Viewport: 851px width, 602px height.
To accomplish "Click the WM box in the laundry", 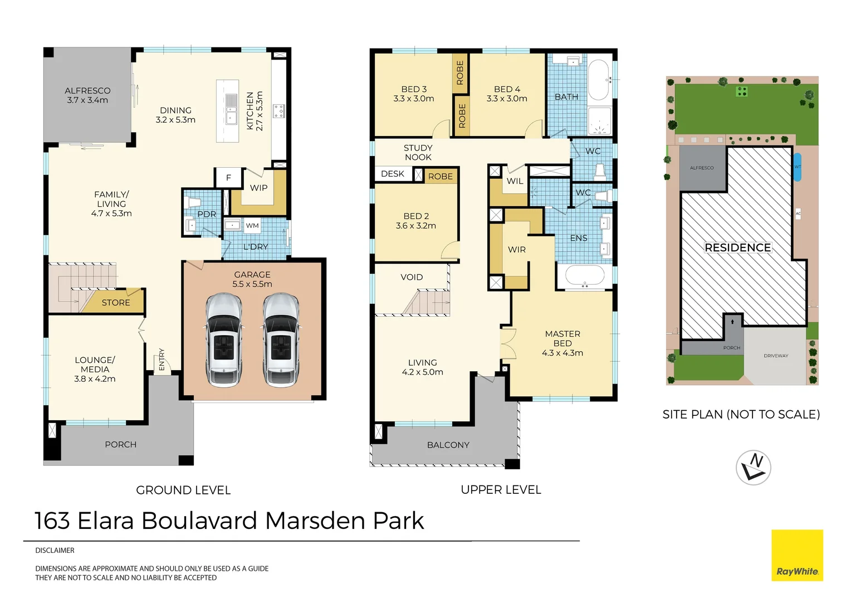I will (252, 226).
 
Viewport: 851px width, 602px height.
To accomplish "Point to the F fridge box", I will (228, 178).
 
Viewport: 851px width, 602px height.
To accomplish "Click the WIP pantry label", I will (258, 188).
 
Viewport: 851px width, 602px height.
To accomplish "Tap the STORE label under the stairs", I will (116, 303).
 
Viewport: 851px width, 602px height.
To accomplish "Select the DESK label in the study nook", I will (393, 174).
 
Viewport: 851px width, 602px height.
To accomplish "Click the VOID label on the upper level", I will (412, 277).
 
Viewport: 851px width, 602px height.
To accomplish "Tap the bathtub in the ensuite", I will (585, 276).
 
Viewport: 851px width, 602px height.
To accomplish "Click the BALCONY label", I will (448, 445).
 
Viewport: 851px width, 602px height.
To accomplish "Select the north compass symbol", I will (754, 467).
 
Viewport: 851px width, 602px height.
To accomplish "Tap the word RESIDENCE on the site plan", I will (738, 247).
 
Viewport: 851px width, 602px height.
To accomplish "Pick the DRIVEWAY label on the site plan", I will (776, 356).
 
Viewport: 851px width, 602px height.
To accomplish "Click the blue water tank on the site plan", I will (798, 167).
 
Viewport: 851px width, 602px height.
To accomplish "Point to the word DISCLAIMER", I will (55, 550).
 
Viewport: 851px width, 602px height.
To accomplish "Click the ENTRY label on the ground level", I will (162, 359).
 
